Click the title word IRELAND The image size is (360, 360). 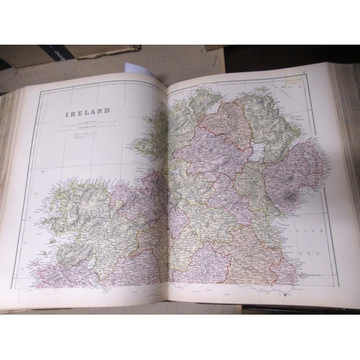coord(89,114)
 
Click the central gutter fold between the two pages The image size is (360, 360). coord(167,187)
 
